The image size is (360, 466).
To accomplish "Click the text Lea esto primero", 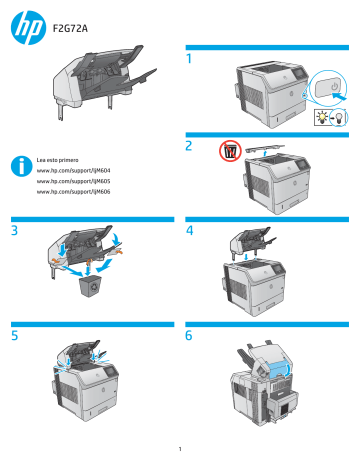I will [58, 159].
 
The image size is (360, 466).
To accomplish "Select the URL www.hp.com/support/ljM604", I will [73, 172].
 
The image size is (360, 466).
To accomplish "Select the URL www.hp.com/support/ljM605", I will [73, 181].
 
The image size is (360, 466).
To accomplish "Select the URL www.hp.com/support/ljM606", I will [73, 190].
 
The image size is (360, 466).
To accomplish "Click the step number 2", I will [189, 146].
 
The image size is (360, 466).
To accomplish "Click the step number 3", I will [14, 231].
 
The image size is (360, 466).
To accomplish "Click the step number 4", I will [189, 231].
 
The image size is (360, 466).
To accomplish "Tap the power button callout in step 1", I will [328, 88].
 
